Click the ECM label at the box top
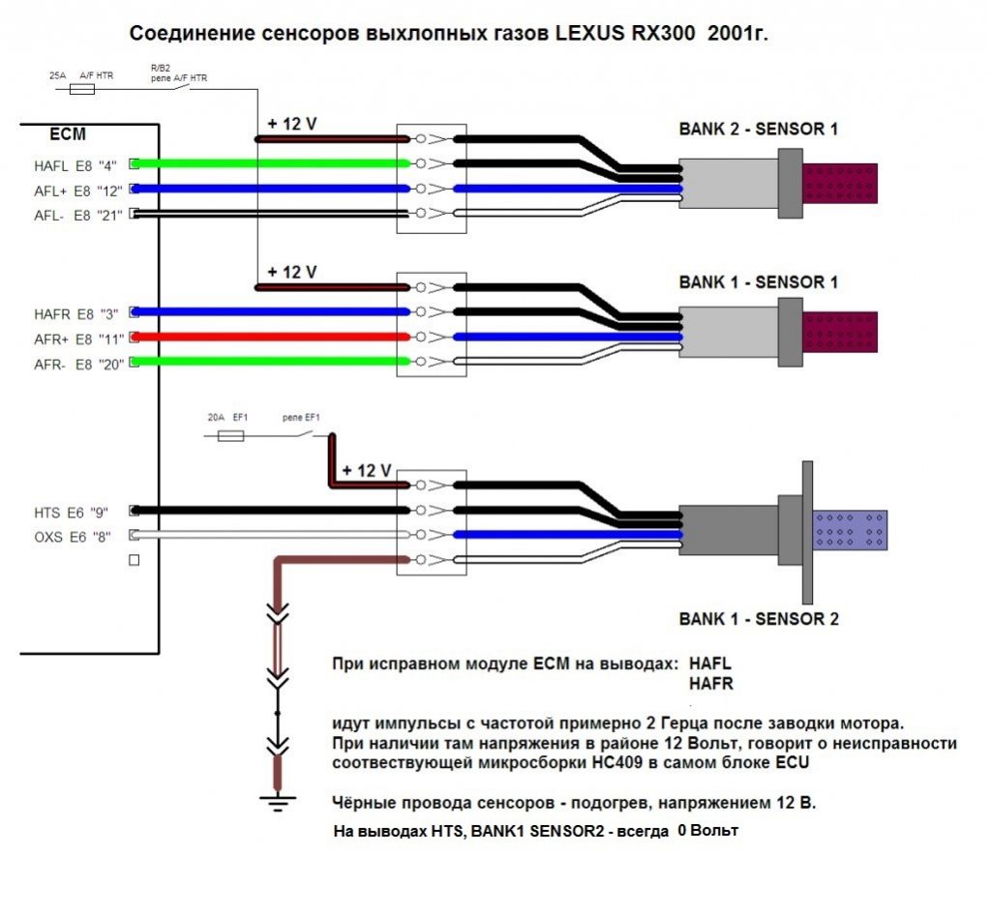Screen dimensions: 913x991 click(x=68, y=133)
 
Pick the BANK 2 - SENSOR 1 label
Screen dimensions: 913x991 click(x=758, y=129)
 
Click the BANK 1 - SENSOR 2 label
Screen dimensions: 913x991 click(x=758, y=619)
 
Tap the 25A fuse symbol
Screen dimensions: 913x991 click(x=83, y=89)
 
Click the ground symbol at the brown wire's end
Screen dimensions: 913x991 click(x=278, y=799)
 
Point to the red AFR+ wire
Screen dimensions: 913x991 click(x=271, y=337)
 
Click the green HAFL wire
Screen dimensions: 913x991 click(x=271, y=163)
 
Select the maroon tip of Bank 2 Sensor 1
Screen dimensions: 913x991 click(x=840, y=184)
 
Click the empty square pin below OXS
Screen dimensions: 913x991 click(x=135, y=560)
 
